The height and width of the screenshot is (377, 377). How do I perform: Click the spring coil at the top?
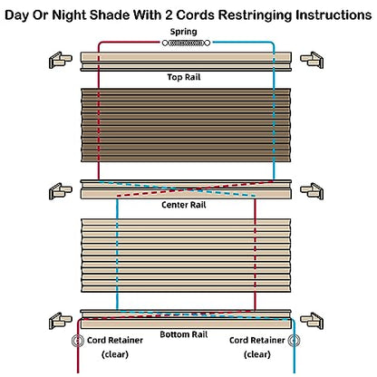(186, 43)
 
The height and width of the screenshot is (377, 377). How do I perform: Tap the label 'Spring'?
(183, 32)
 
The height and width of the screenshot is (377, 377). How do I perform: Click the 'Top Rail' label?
(184, 77)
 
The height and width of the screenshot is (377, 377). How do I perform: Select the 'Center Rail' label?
(184, 205)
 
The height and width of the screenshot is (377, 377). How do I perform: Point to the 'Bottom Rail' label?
(184, 334)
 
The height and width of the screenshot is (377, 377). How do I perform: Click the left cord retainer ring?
(78, 341)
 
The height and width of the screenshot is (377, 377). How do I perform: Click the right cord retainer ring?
(294, 341)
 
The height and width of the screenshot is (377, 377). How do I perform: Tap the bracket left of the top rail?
(61, 60)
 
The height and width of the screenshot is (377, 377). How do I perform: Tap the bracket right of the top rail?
(312, 60)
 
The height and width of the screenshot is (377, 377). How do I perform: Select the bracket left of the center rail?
(61, 191)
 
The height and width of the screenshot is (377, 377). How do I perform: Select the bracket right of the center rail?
(312, 191)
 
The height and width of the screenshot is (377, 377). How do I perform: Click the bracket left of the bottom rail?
(61, 321)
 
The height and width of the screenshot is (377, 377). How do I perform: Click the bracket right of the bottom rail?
(312, 321)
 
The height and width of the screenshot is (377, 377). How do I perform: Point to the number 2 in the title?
(169, 14)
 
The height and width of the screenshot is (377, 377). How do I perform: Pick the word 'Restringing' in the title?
(256, 15)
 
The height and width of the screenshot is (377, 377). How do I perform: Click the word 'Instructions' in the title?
(333, 14)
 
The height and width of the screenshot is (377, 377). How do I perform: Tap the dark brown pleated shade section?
(186, 125)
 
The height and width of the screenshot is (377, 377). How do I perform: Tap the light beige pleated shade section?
(186, 256)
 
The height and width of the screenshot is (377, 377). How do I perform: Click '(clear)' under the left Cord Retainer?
(115, 354)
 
